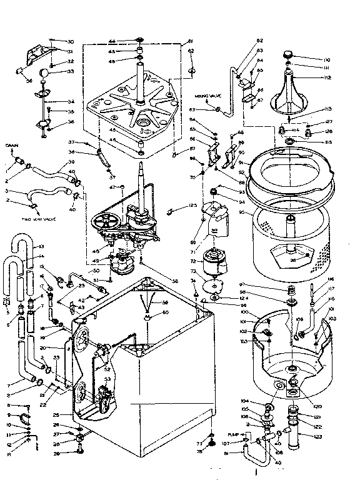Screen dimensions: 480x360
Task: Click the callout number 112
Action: tap(327, 79)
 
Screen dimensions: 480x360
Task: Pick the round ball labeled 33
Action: tap(44, 73)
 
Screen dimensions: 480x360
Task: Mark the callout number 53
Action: tap(107, 379)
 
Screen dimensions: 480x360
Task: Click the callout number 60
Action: tap(166, 312)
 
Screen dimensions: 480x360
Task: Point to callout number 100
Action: tap(245, 312)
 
